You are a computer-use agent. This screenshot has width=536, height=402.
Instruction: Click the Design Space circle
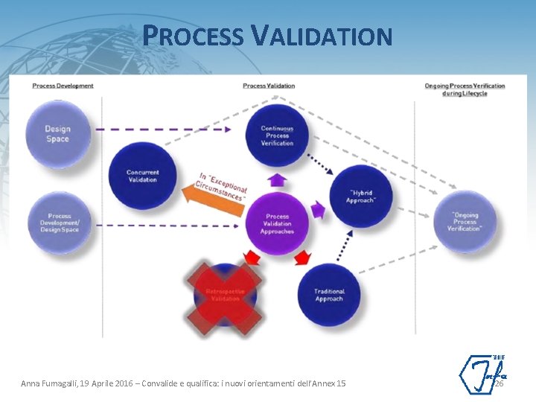point(57,134)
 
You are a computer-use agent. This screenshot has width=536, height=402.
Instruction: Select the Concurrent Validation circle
point(142,176)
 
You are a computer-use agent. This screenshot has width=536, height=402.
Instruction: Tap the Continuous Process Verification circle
point(277,135)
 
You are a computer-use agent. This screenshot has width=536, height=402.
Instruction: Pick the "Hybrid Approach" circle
point(361,197)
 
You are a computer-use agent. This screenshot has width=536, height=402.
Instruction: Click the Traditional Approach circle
point(328,295)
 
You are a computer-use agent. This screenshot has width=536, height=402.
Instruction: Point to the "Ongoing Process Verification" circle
point(465,222)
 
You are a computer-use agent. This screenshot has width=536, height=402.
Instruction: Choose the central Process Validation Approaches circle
point(277,223)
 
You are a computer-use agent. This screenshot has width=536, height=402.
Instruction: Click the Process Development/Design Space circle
point(60,223)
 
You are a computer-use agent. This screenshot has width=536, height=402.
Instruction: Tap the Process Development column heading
point(63,86)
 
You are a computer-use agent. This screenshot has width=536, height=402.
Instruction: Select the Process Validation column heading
point(269,86)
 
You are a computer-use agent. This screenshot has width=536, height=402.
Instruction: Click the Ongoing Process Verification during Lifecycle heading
point(465,89)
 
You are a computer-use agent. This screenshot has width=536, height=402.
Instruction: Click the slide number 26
point(499,383)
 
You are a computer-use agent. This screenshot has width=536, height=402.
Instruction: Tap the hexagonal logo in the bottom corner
point(481,374)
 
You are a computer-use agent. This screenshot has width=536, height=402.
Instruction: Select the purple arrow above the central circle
point(277,179)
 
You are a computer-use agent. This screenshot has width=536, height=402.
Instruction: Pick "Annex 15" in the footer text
point(331,383)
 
